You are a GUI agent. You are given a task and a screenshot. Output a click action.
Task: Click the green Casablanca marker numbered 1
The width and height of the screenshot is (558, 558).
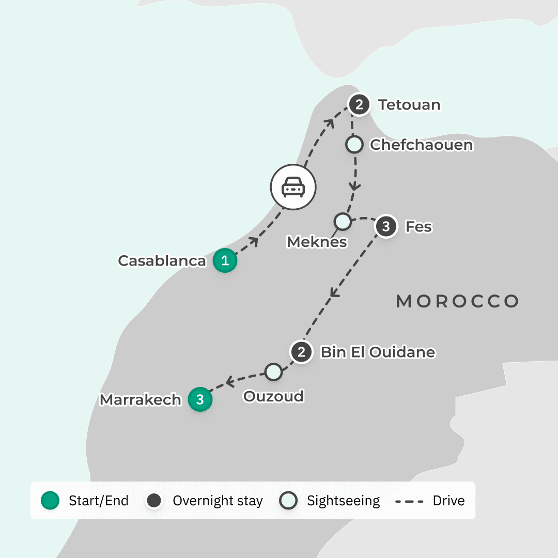225,261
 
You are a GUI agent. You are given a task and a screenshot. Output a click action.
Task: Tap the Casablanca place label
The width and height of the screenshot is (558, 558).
162,261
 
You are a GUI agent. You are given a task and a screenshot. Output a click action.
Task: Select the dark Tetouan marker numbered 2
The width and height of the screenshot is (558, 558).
360,105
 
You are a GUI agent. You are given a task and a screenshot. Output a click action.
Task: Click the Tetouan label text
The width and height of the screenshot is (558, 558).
409,105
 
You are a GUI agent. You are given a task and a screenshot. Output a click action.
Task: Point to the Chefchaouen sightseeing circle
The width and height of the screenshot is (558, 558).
354,145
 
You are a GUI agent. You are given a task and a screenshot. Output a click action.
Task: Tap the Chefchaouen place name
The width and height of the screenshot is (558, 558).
422,145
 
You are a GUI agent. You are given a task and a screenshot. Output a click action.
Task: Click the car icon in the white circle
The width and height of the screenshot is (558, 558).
293,187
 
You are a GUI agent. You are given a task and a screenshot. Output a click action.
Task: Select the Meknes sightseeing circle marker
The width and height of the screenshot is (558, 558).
342,222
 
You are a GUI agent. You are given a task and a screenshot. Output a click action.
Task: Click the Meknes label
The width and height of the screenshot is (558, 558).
317,241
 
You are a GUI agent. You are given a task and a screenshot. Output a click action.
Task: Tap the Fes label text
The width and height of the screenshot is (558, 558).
419,227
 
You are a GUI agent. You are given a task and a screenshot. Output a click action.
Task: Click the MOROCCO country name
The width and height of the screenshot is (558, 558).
457,301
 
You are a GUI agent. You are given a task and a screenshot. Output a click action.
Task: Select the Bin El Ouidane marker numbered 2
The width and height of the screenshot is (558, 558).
301,352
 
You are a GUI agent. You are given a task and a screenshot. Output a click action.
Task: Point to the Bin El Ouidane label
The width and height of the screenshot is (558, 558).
378,352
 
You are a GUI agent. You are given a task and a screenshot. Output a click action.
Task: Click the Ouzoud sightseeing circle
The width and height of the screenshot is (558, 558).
273,371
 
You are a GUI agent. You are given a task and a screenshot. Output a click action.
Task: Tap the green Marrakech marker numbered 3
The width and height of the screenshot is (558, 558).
200,400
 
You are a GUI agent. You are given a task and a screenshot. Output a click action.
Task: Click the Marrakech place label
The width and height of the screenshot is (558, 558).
141,400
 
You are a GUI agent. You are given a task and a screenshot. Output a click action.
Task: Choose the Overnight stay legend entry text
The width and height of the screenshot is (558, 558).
218,501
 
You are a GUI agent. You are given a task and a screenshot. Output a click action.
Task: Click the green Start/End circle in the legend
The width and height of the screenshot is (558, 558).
50,501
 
